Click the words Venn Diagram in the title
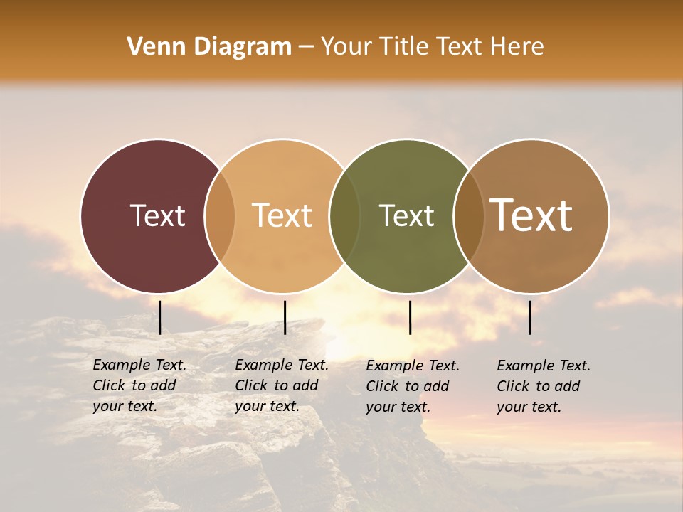point(209,47)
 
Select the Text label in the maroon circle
point(157,215)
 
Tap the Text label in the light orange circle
point(282,215)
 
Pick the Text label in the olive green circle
point(406,215)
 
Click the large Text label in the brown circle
point(531,215)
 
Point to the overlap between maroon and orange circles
point(220,215)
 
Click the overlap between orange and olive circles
point(344,215)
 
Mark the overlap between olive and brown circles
point(469,215)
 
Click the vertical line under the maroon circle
point(160,317)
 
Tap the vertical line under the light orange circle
point(285,317)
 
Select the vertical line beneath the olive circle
point(411,317)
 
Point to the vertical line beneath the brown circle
point(530,317)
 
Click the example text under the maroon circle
point(139,385)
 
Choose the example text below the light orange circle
point(281,385)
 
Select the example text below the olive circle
point(413,386)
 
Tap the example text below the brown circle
point(543,386)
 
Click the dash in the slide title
point(306,48)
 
